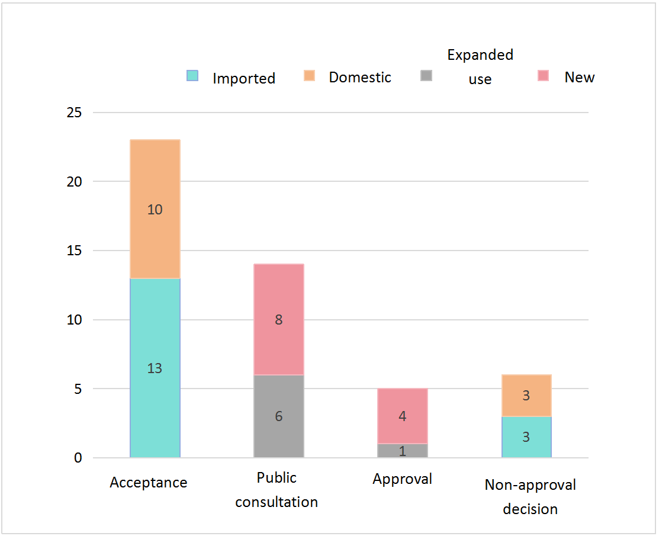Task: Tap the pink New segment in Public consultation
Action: click(278, 296)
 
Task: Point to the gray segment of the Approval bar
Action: click(402, 451)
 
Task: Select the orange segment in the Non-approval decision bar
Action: click(526, 396)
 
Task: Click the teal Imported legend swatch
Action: click(192, 76)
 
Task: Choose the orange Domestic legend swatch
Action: click(309, 76)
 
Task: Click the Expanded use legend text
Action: click(480, 66)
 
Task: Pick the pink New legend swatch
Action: click(543, 76)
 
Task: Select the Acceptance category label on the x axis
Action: click(148, 483)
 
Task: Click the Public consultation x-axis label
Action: click(277, 490)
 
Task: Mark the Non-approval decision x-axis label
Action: click(530, 497)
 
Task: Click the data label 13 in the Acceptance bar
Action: click(155, 368)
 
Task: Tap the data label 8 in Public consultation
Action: click(278, 320)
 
